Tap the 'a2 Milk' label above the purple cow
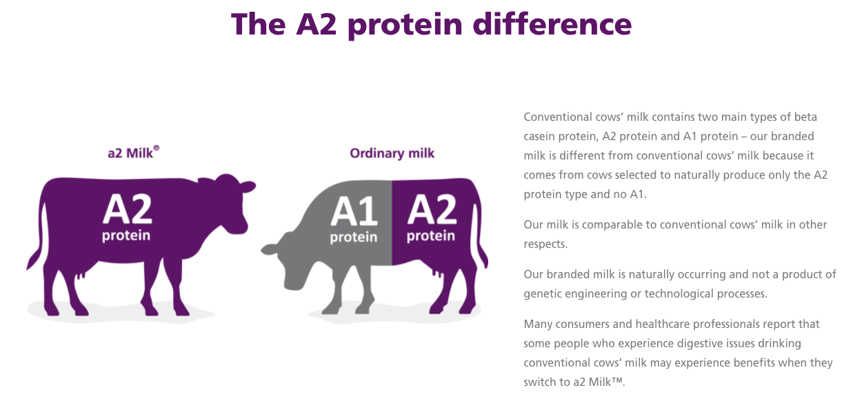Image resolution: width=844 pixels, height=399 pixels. [x=130, y=153]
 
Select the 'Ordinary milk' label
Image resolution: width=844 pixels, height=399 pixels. [x=392, y=153]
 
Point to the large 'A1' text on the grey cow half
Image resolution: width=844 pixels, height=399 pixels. [x=354, y=211]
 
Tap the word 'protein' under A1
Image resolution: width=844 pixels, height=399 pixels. [x=354, y=237]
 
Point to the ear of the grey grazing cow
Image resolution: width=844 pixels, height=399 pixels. [x=270, y=249]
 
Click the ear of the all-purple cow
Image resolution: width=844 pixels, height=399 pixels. [x=248, y=186]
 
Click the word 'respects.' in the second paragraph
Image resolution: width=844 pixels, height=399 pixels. [x=545, y=244]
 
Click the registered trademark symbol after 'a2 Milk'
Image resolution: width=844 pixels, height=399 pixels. [x=157, y=148]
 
